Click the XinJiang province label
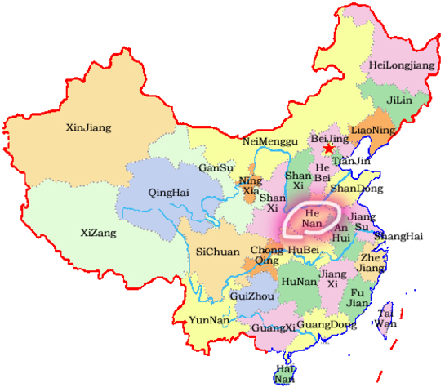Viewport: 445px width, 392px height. click(88, 127)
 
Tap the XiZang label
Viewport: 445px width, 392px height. click(98, 233)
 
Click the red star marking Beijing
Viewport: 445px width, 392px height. click(328, 149)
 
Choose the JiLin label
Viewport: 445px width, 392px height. click(398, 100)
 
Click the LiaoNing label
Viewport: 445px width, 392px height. click(372, 130)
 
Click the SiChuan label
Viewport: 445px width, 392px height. click(218, 252)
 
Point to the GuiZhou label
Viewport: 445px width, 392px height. click(252, 296)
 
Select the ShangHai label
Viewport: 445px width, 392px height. click(398, 237)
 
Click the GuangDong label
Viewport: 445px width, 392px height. click(327, 324)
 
